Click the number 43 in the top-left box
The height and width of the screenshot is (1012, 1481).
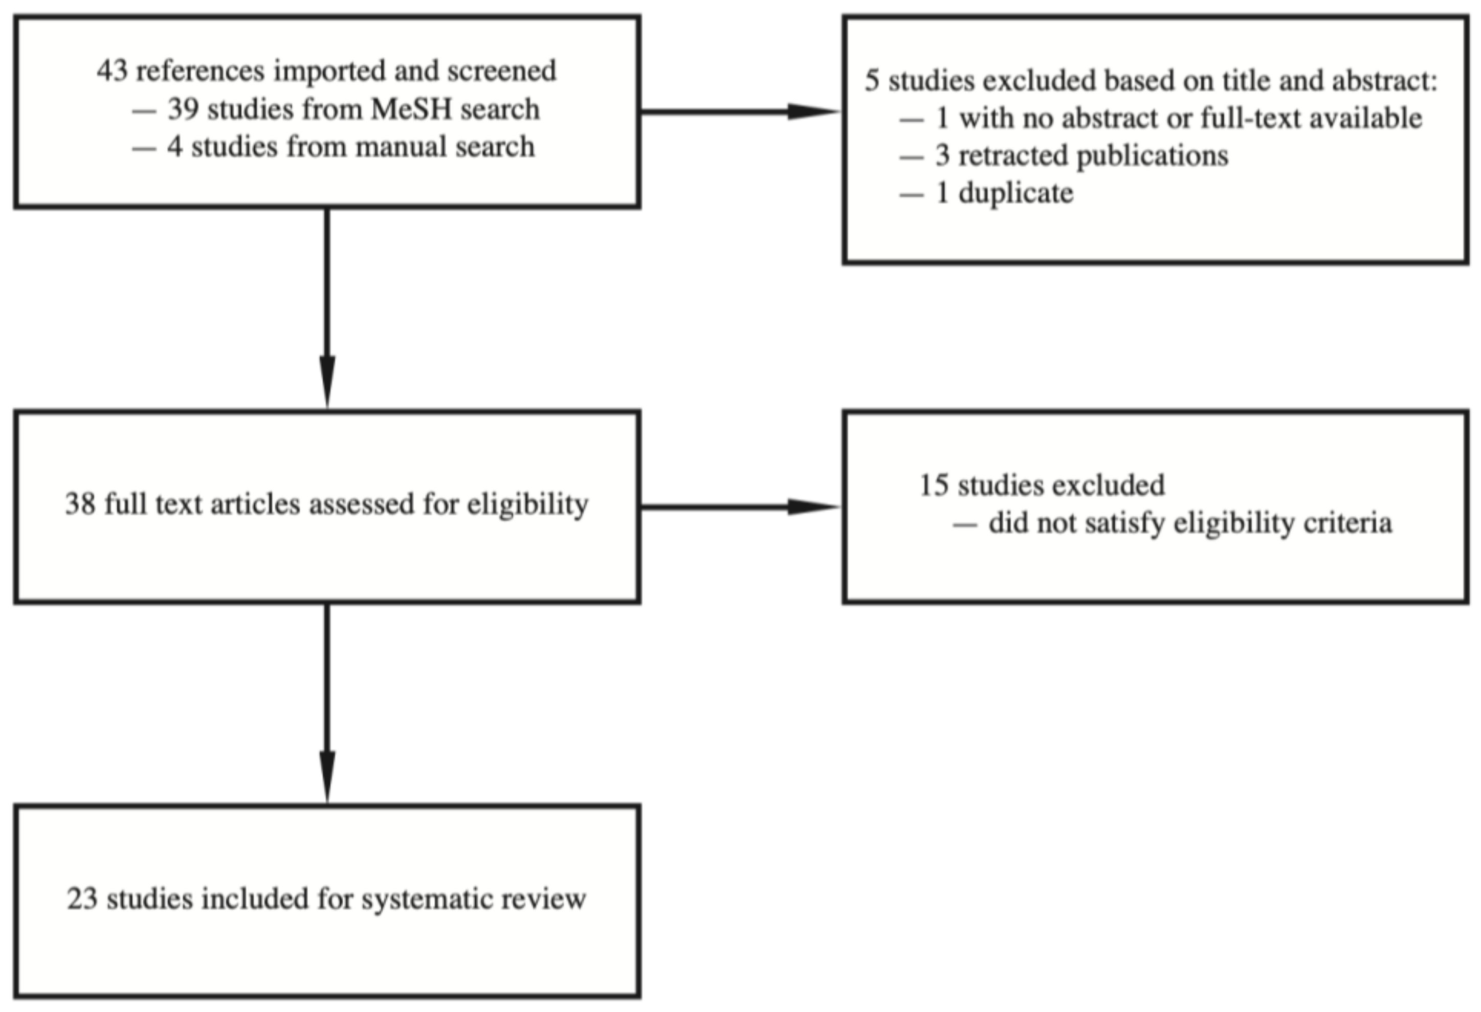[x=112, y=71]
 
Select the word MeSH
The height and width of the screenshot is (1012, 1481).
[x=410, y=109]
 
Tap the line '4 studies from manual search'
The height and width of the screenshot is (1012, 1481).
[x=350, y=147]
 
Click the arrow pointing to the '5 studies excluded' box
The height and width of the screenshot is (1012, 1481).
[x=739, y=111]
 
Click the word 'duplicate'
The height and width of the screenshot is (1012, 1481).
[x=1016, y=193]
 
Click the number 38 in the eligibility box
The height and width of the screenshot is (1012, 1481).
[x=81, y=504]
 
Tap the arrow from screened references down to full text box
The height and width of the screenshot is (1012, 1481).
[x=327, y=306]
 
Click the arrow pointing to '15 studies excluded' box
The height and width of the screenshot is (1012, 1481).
[x=739, y=507]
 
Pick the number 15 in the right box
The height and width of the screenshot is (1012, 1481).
[x=934, y=486]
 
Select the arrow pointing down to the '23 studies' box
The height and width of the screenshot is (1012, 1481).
[x=327, y=701]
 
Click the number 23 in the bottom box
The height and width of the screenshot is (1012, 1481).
[x=82, y=899]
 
